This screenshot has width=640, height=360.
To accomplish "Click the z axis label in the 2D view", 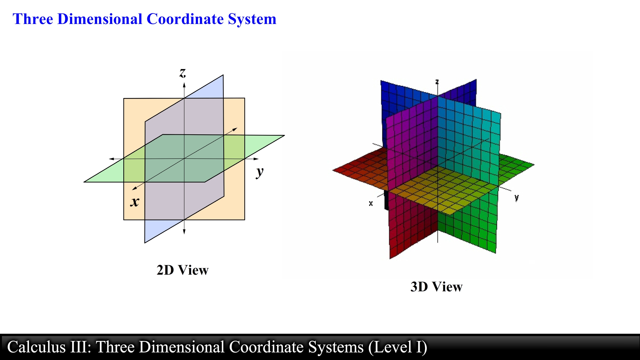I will coord(183,73).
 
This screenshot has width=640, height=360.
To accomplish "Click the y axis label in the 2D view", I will coord(260,172).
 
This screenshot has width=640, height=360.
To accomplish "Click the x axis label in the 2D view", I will coord(135,202).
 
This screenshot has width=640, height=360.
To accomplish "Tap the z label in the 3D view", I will coord(437,82).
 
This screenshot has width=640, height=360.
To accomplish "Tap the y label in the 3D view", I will coord(516,197).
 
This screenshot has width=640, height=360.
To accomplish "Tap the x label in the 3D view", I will coord(371,203).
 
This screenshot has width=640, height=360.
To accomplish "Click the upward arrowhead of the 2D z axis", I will coord(184,85).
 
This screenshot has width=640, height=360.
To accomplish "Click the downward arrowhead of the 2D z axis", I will coord(184,232).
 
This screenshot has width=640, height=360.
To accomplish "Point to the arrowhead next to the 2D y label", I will coord(256,159).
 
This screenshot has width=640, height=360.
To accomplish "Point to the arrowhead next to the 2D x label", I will coord(135,188).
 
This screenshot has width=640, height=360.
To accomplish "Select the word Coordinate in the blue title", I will coord(185,19).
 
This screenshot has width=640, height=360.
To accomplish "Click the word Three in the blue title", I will coord(33,19).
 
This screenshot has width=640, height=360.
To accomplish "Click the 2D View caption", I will coord(182,270).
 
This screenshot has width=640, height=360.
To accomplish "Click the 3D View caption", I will coord(436,287).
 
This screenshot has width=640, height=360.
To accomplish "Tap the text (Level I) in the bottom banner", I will coord(398,347).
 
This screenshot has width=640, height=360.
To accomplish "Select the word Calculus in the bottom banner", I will coord(36,347).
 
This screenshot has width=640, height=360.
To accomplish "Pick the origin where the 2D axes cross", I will coord(184,159).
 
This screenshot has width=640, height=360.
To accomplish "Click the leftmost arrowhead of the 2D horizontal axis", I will coord(112,159).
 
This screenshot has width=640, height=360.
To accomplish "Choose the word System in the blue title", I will coord(252,19).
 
